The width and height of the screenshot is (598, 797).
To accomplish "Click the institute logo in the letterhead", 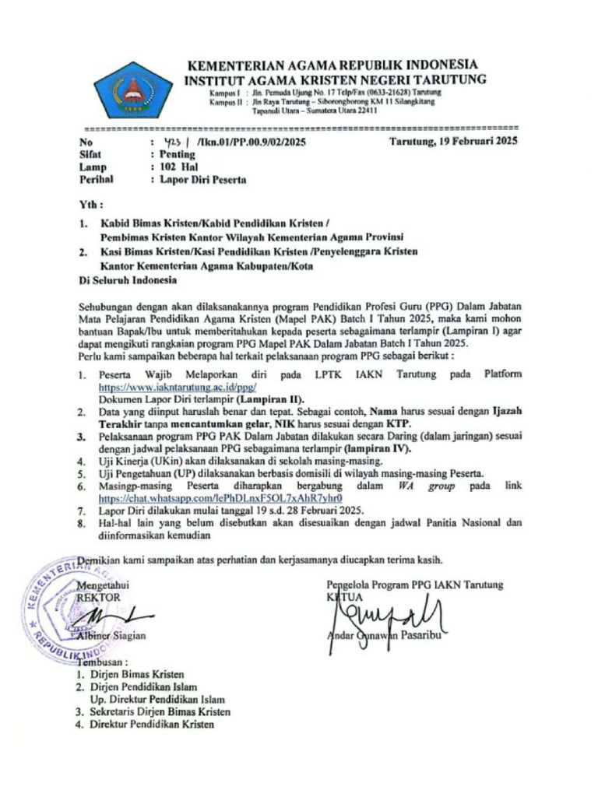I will pos(133,90).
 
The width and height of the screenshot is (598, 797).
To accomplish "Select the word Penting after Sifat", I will pos(177,154).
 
